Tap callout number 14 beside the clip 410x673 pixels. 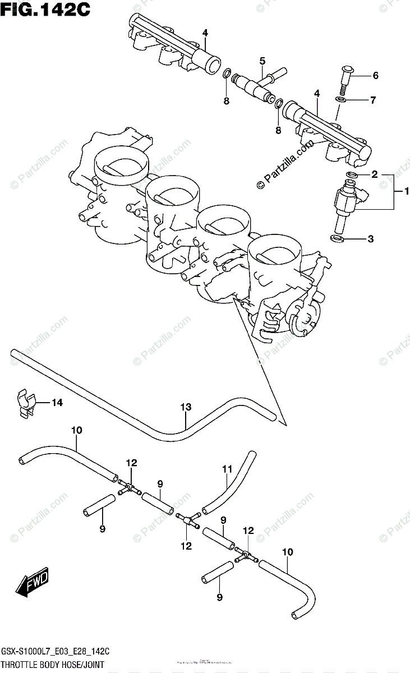click(x=57, y=402)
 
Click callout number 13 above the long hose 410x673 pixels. click(x=186, y=408)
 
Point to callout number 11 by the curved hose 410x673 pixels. click(x=227, y=468)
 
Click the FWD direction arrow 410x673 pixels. click(x=33, y=583)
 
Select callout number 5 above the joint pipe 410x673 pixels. click(x=262, y=61)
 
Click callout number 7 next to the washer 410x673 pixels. click(x=372, y=100)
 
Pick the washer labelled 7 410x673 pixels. click(x=340, y=100)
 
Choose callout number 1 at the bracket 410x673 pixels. click(x=401, y=192)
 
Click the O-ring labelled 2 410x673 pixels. click(x=353, y=176)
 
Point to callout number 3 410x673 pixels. click(x=370, y=239)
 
